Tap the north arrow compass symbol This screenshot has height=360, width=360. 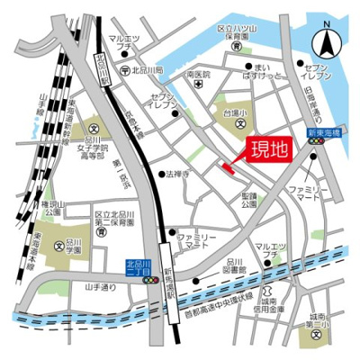[324, 42]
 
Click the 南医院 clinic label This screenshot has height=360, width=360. [197, 76]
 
